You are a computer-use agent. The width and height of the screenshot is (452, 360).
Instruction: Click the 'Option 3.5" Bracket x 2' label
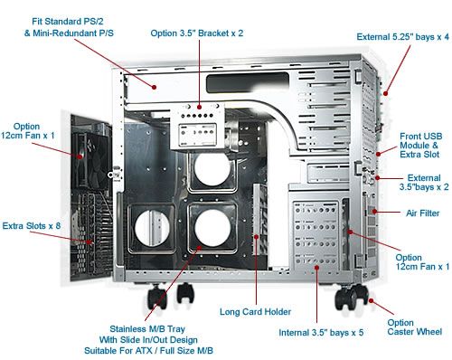tap(197, 33)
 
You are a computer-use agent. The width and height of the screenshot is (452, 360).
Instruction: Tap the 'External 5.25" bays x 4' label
tap(402, 37)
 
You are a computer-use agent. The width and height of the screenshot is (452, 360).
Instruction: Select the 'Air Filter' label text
tap(422, 213)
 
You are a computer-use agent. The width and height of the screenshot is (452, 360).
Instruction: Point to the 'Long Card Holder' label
tap(255, 312)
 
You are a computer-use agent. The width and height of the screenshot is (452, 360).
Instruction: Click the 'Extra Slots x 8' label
tap(32, 226)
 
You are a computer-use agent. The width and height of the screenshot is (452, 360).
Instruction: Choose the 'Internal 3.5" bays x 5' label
tap(321, 333)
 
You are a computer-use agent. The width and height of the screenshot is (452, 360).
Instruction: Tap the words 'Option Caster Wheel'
tap(415, 327)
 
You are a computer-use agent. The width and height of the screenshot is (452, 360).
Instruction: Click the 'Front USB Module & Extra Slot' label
tap(420, 146)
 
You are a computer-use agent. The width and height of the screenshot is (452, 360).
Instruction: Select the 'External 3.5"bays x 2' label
tap(424, 183)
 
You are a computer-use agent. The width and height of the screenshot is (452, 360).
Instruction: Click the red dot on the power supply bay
tap(154, 87)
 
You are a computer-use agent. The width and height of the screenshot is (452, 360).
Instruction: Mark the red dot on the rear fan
tap(80, 156)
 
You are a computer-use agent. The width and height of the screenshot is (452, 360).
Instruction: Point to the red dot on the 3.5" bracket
tap(199, 107)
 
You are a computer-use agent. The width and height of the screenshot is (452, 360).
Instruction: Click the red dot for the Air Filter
tap(374, 212)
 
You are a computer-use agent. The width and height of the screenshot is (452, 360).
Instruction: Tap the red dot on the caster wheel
tap(371, 300)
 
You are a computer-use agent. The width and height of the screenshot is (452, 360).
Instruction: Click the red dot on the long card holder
tap(256, 237)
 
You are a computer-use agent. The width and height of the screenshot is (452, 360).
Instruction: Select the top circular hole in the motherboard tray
tap(212, 169)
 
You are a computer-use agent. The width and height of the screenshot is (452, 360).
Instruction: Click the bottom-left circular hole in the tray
tap(153, 228)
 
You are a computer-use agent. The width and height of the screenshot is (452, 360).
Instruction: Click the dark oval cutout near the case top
tap(248, 82)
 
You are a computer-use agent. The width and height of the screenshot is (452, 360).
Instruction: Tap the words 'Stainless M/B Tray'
tap(147, 328)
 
